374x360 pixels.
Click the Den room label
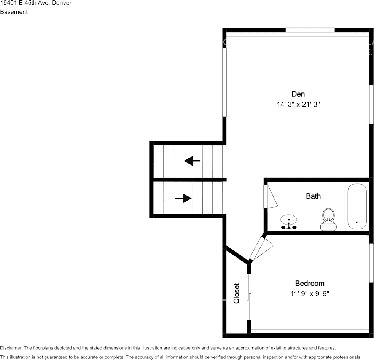coord(298,94)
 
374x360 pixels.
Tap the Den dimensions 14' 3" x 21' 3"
coord(298,104)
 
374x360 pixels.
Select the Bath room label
coord(313,196)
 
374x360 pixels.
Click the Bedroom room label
coord(310,283)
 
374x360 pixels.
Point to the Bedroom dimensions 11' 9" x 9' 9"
coord(310,293)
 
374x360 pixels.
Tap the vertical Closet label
coord(236,293)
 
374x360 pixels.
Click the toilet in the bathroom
coord(328,219)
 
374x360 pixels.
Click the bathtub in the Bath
coord(357,207)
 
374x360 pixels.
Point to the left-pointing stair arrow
coord(192,161)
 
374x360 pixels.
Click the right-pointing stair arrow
coord(183,198)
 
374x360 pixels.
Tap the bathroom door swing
coord(270,196)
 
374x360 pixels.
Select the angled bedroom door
coord(261,248)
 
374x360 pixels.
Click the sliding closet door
coord(249,296)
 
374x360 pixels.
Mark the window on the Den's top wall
coord(310,30)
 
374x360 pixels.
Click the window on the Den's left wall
coord(224,82)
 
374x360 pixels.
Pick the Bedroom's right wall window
coord(371,263)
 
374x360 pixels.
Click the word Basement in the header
coord(14,12)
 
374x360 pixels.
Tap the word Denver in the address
coord(62,3)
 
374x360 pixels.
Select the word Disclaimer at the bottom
coord(11,348)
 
